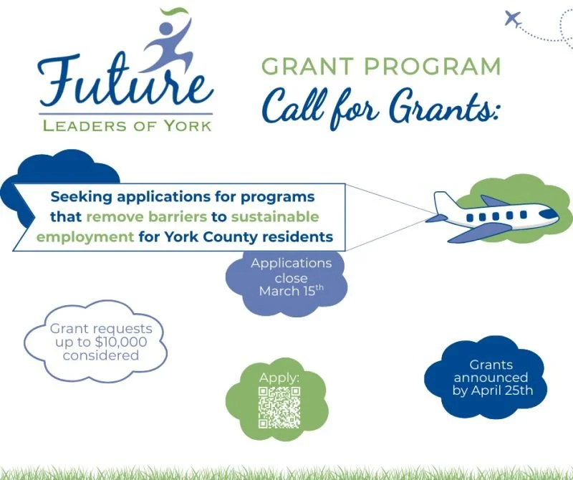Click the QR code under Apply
tap(279, 407)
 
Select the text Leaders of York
tap(127, 125)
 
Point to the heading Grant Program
tap(381, 67)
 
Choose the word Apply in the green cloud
tap(279, 378)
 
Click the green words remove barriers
tap(141, 216)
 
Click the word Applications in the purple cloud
tap(291, 263)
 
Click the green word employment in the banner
tap(91, 236)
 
